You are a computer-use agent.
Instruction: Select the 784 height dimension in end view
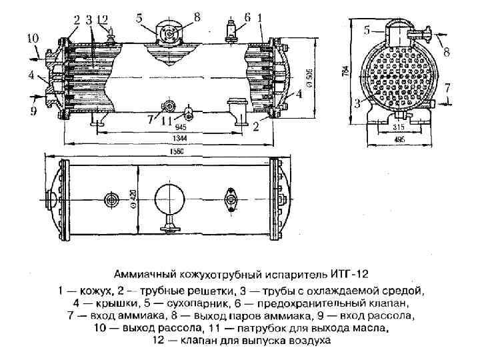(x=344, y=73)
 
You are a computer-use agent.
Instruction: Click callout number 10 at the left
(x=33, y=39)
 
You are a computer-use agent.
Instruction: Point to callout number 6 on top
(x=247, y=17)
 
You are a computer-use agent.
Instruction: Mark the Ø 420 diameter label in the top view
(x=134, y=199)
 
